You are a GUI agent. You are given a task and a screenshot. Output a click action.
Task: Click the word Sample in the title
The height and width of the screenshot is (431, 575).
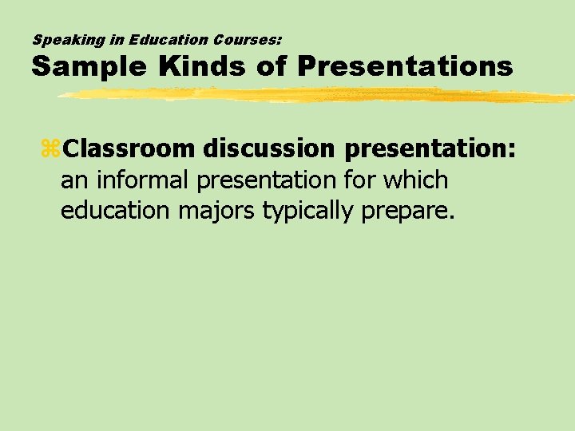pyautogui.click(x=88, y=66)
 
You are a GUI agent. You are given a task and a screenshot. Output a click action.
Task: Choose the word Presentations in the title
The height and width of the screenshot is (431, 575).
pyautogui.click(x=404, y=66)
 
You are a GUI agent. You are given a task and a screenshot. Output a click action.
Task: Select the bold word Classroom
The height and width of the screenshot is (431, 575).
pyautogui.click(x=129, y=148)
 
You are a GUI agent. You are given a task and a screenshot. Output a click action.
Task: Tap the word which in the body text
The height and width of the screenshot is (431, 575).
pyautogui.click(x=415, y=180)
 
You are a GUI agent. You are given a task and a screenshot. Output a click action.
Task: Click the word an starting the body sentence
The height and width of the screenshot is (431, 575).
pyautogui.click(x=74, y=181)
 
